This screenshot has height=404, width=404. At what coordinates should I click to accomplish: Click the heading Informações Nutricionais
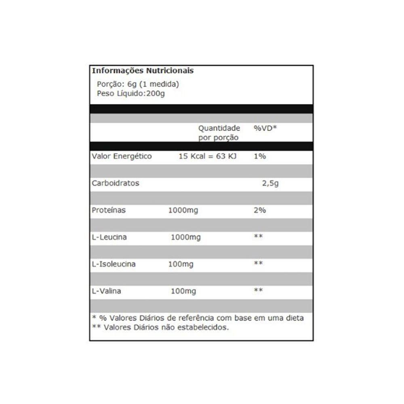[x=143, y=71]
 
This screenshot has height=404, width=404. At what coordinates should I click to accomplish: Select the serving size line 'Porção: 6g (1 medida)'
[x=138, y=84]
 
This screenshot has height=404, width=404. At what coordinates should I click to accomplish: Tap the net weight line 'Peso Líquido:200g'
[x=131, y=94]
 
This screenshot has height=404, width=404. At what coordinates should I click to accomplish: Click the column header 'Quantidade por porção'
[x=219, y=133]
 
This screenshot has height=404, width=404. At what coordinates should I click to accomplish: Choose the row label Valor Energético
[x=122, y=156]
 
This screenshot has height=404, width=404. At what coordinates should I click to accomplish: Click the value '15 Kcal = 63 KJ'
[x=207, y=156]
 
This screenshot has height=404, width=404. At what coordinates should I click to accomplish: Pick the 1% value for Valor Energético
[x=260, y=156]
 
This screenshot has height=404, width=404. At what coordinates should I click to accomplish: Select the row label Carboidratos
[x=116, y=183]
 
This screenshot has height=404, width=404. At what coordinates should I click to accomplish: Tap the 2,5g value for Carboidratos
[x=271, y=183]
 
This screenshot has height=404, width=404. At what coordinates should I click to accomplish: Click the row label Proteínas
[x=109, y=210]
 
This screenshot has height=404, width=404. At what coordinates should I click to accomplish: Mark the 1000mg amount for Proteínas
[x=183, y=210]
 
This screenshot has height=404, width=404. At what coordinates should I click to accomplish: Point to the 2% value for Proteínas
[x=260, y=210]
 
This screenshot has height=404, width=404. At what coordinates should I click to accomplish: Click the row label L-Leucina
[x=109, y=237]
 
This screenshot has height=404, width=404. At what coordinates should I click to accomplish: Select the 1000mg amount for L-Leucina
[x=186, y=237]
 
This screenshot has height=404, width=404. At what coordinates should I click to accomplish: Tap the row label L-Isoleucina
[x=114, y=264]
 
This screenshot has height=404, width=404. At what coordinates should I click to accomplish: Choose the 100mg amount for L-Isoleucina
[x=181, y=264]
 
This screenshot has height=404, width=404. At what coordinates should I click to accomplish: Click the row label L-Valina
[x=107, y=291]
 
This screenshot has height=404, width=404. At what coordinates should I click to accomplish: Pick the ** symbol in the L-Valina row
[x=258, y=290]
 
